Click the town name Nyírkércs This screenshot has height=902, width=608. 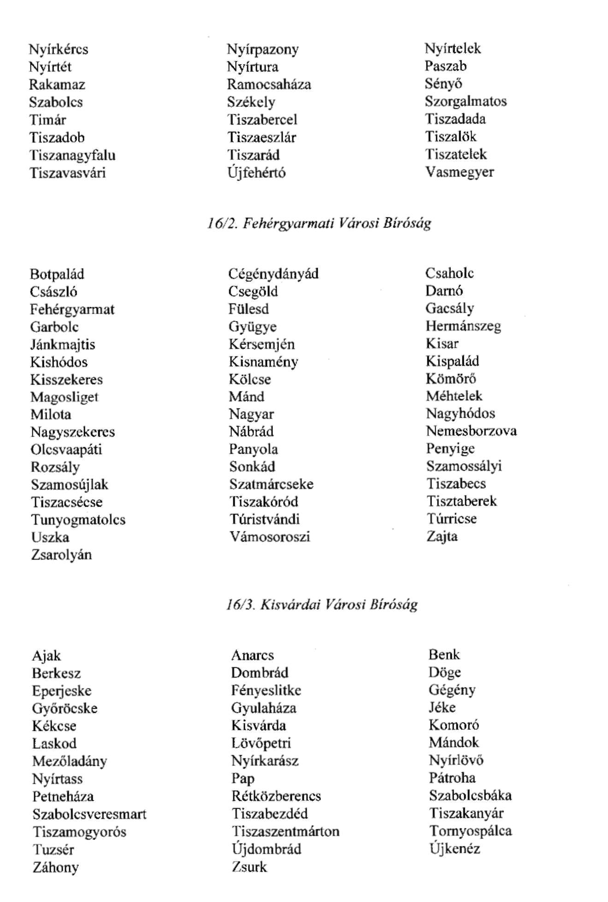pyautogui.click(x=59, y=49)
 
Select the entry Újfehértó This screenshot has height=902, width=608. pyautogui.click(x=256, y=173)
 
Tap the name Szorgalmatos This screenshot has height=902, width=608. pyautogui.click(x=466, y=101)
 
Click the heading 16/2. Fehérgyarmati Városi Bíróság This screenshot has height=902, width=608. pyautogui.click(x=319, y=224)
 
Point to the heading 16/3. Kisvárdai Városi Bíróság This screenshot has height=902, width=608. pyautogui.click(x=322, y=605)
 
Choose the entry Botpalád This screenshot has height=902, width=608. pyautogui.click(x=57, y=274)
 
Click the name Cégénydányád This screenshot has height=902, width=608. pyautogui.click(x=273, y=274)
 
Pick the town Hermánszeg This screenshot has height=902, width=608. pyautogui.click(x=463, y=326)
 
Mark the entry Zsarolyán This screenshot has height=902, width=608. pyautogui.click(x=61, y=554)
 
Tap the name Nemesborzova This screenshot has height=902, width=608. pyautogui.click(x=471, y=431)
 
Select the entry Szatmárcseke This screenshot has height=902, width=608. pyautogui.click(x=272, y=484)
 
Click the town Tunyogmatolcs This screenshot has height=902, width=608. pyautogui.click(x=78, y=520)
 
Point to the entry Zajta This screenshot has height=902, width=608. pyautogui.click(x=442, y=536)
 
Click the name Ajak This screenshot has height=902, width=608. pyautogui.click(x=46, y=656)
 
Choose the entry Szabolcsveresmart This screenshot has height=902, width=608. pyautogui.click(x=89, y=814)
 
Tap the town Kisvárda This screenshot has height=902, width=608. pyautogui.click(x=259, y=726)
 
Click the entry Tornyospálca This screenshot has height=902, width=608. pyautogui.click(x=470, y=831)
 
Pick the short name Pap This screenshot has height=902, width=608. pyautogui.click(x=242, y=779)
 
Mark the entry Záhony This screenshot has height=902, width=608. pyautogui.click(x=56, y=867)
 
